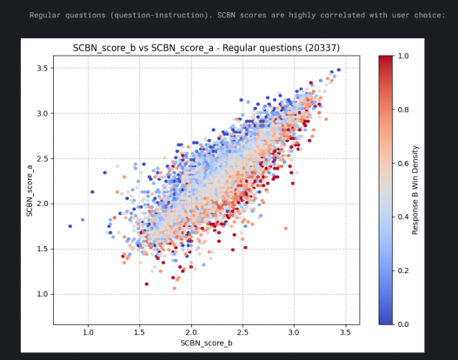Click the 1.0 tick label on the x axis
(x=88, y=331)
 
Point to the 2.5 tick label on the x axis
(x=242, y=331)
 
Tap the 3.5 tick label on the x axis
(x=346, y=331)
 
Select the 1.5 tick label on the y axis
(x=43, y=249)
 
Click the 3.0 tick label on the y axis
(x=43, y=113)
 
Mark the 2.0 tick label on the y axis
(x=43, y=203)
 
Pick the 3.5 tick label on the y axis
(x=43, y=68)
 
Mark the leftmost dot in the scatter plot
(x=70, y=226)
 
